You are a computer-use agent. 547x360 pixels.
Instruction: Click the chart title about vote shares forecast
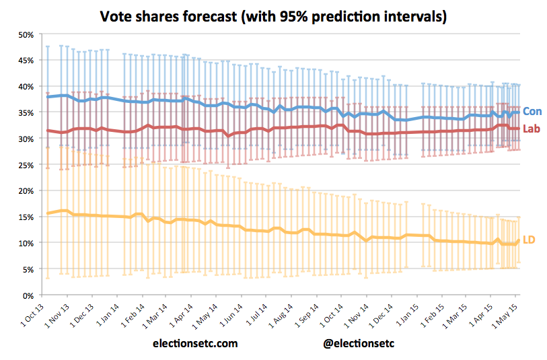pos(273,16)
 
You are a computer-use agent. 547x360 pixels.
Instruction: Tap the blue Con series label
pos(532,112)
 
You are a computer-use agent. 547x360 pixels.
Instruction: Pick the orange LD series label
pos(530,240)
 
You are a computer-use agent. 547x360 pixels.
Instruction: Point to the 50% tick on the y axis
pos(25,34)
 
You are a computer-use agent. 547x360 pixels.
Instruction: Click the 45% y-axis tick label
pos(25,61)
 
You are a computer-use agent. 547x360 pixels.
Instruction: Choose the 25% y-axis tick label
pos(25,165)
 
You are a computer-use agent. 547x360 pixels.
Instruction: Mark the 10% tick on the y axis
pos(25,243)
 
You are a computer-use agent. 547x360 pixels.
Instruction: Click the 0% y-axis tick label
pos(28,295)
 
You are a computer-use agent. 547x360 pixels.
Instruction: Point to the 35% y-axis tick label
pos(25,113)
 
